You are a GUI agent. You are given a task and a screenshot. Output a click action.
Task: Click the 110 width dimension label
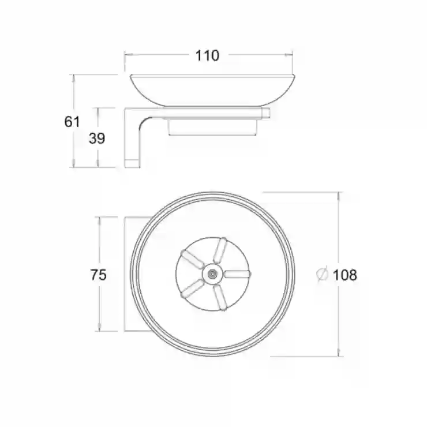(x=207, y=55)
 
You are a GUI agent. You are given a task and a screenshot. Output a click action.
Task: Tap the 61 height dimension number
(x=72, y=121)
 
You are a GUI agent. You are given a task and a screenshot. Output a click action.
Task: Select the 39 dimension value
(x=97, y=138)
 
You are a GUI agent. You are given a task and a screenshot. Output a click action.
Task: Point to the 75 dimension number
(x=98, y=275)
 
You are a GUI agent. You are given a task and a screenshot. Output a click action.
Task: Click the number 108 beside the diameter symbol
(x=344, y=275)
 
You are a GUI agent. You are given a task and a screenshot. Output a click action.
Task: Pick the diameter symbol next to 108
(x=323, y=274)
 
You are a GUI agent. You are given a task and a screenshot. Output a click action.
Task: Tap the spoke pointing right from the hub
(x=237, y=274)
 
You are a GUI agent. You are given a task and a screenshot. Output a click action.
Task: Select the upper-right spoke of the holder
(x=220, y=250)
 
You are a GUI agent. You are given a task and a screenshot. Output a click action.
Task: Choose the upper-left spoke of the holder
(x=192, y=259)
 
